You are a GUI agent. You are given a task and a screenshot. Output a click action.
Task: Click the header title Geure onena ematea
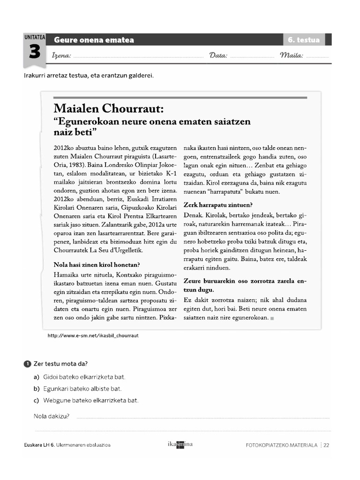coord(94,40)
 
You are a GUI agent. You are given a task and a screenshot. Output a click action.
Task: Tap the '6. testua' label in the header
coord(303,40)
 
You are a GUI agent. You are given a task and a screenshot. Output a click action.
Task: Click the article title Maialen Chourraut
coord(109,109)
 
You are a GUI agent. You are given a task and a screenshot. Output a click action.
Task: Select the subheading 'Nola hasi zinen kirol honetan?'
coord(97,264)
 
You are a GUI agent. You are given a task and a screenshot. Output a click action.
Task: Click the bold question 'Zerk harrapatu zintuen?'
coord(218,205)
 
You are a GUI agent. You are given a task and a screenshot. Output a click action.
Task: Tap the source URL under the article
coord(93,336)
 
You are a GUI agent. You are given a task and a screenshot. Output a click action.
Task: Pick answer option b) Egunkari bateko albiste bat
coord(77,389)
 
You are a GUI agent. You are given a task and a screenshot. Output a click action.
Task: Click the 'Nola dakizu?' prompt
coord(52,416)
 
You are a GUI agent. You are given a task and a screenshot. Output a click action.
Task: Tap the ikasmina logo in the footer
coord(180,445)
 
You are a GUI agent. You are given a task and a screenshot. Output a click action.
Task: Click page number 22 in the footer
coord(326,445)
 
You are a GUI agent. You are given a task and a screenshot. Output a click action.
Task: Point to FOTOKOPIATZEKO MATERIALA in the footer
coord(281,445)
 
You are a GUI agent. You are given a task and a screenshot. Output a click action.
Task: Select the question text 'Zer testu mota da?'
coord(60,364)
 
